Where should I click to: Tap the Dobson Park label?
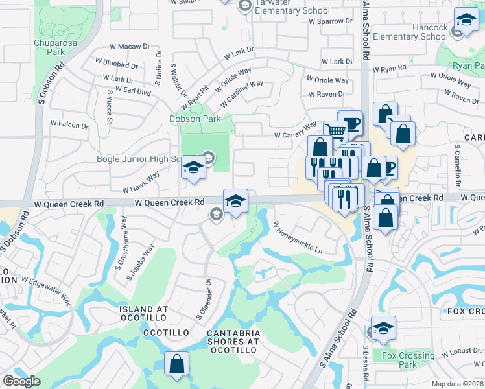[x=195, y=119]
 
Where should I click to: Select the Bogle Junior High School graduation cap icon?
[x=193, y=168]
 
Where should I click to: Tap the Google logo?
[x=21, y=381]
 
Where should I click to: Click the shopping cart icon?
[x=335, y=132]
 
